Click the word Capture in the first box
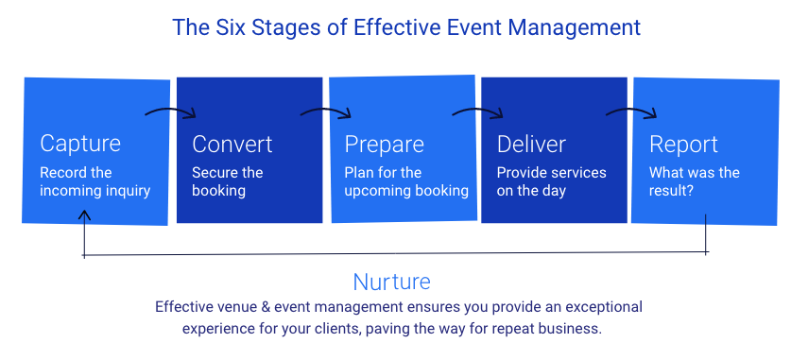80,144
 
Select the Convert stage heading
232,144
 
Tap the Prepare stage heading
384,145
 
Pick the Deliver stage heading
531,144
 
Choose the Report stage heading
683,145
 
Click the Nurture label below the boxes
391,282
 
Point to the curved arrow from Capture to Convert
170,111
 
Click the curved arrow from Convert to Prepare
325,111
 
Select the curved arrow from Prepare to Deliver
477,111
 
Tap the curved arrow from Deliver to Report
631,111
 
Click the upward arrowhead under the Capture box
84,215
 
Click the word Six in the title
230,27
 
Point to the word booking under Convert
218,192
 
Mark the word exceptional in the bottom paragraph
601,307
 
